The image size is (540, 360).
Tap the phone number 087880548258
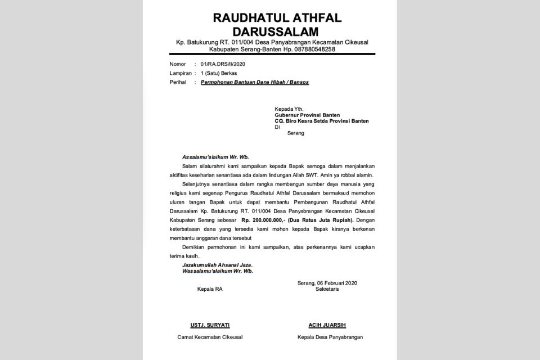[313, 49]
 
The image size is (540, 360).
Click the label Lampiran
[180, 73]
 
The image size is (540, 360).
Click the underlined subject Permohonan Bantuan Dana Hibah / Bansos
[255, 82]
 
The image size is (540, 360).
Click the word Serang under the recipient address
[295, 133]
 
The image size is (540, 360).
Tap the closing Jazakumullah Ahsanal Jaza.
[217, 265]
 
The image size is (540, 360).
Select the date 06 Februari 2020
[336, 282]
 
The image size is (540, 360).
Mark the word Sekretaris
[327, 289]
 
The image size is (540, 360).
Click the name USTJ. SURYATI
[209, 325]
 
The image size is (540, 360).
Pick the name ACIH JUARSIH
[327, 325]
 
